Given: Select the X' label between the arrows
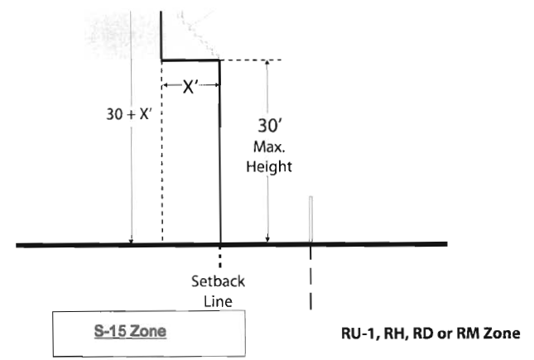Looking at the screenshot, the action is point(191,85).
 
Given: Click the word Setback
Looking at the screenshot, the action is point(218,281).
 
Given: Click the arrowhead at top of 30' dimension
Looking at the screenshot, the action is point(267,65).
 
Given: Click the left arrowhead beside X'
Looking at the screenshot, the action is point(166,85).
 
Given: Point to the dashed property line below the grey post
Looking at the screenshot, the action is point(310,281).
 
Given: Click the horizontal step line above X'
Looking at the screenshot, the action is point(190,60).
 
